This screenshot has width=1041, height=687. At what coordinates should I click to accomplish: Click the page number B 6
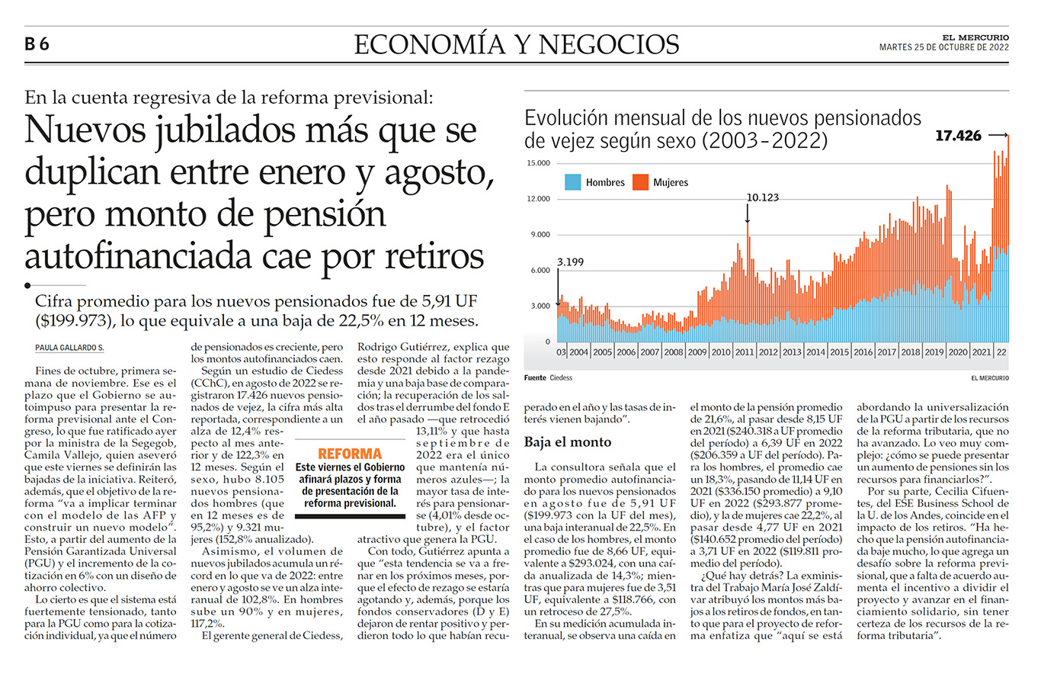(x=37, y=44)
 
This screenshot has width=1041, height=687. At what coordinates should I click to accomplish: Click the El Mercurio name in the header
(x=975, y=37)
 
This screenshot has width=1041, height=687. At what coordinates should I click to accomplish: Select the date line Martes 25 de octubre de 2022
(x=944, y=47)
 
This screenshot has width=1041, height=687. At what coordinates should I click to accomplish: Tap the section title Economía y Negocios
(x=517, y=44)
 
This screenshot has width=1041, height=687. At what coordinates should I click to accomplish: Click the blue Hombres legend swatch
(x=572, y=182)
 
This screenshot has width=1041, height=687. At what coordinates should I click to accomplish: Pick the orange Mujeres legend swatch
(x=640, y=182)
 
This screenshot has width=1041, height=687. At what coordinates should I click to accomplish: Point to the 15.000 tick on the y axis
(x=538, y=163)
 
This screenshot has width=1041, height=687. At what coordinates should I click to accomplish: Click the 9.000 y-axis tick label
(x=540, y=235)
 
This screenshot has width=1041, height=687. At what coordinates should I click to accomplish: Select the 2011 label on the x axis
(x=744, y=352)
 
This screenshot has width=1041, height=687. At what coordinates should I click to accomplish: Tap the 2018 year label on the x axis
(x=910, y=352)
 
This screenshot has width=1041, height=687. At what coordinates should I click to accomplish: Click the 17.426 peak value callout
(x=958, y=136)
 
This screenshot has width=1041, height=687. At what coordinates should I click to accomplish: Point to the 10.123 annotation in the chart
(x=762, y=197)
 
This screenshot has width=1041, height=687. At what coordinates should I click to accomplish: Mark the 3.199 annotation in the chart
(x=570, y=262)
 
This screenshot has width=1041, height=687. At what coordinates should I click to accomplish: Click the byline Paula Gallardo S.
(x=69, y=348)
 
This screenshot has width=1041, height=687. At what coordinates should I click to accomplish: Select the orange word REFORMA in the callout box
(x=350, y=454)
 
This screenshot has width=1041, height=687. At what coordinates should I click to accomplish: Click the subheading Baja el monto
(x=568, y=442)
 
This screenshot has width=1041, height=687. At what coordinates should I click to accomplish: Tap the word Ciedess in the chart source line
(x=561, y=378)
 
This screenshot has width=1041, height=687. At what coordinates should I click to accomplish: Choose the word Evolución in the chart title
(x=566, y=118)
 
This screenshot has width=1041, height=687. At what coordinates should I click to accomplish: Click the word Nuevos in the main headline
(x=85, y=130)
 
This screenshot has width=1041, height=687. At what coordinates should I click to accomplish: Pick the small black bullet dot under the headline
(x=28, y=285)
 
